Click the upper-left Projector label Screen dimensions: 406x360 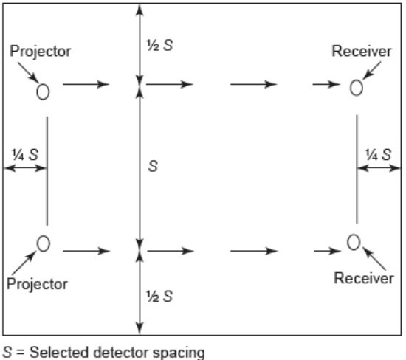pos(40,52)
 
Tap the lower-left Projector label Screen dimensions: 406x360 pos(37,285)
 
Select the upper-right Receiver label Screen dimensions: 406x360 pos(362,51)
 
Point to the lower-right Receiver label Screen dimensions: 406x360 pos(364,278)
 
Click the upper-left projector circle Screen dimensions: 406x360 pos(37,92)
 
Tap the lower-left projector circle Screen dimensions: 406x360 pos(38,243)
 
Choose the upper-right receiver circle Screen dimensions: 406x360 pos(351,88)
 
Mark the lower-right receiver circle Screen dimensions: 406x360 pos(348,242)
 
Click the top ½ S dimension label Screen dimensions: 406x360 pos(159,45)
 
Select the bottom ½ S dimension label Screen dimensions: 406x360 pos(159,296)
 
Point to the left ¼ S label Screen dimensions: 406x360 pos(25,155)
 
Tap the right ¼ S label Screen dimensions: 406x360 pos(378,155)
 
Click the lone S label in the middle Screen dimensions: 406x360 pos(153,166)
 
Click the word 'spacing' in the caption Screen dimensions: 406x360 pos(179,353)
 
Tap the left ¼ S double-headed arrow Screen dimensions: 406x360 pos(25,168)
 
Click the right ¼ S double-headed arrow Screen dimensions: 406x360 pos(379,168)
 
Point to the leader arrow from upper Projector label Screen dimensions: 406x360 pos(28,72)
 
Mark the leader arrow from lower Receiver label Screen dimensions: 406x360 pos(374,259)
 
